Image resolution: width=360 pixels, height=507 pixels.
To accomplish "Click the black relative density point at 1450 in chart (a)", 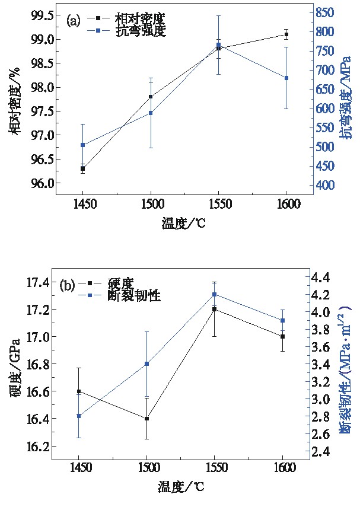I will tap(82, 168).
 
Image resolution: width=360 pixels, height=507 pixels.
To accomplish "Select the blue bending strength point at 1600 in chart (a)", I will tap(286, 78).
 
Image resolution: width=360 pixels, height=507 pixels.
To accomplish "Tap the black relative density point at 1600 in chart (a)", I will tap(286, 34).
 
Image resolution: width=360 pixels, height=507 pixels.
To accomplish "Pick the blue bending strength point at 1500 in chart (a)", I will tap(151, 113).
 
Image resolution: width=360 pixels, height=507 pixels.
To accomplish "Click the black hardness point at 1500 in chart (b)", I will tap(146, 419).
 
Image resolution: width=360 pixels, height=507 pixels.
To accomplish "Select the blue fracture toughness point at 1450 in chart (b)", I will tap(78, 416).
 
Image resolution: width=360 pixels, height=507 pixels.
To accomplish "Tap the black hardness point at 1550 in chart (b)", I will tap(214, 310).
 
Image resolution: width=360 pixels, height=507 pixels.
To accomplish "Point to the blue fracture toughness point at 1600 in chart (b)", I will tap(282, 320).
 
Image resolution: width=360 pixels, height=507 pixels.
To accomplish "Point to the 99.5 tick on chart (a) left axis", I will tap(44, 15).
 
